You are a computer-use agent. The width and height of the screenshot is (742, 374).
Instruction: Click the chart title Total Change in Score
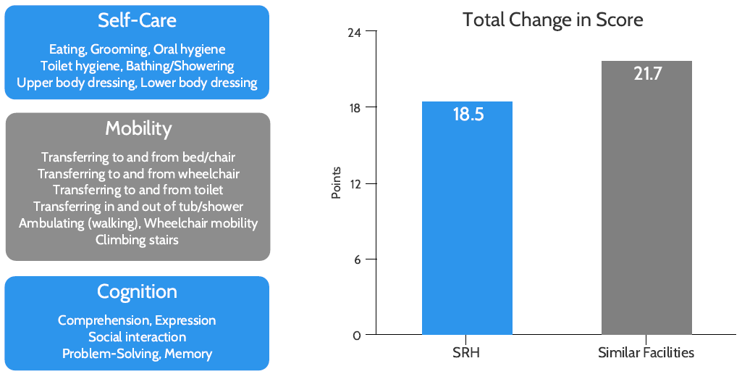(x=552, y=20)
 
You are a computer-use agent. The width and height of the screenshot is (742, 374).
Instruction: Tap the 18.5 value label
(x=468, y=115)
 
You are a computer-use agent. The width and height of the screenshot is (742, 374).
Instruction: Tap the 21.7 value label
(x=647, y=74)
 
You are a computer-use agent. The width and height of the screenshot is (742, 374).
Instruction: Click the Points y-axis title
(x=337, y=183)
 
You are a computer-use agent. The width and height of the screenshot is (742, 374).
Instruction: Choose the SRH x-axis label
(x=467, y=353)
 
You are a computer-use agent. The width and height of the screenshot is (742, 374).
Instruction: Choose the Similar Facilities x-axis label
(x=646, y=353)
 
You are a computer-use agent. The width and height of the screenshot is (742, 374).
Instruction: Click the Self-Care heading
(x=138, y=20)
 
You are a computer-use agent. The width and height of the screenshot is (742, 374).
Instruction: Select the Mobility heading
(x=138, y=128)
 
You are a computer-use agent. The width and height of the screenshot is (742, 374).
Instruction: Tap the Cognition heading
(x=137, y=291)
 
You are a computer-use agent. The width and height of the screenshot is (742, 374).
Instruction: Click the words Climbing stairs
(x=137, y=239)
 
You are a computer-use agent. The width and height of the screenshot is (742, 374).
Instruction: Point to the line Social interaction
(x=137, y=337)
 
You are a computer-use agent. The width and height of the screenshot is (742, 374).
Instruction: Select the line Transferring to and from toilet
(x=138, y=190)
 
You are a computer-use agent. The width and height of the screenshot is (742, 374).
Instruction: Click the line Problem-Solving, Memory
(x=137, y=354)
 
